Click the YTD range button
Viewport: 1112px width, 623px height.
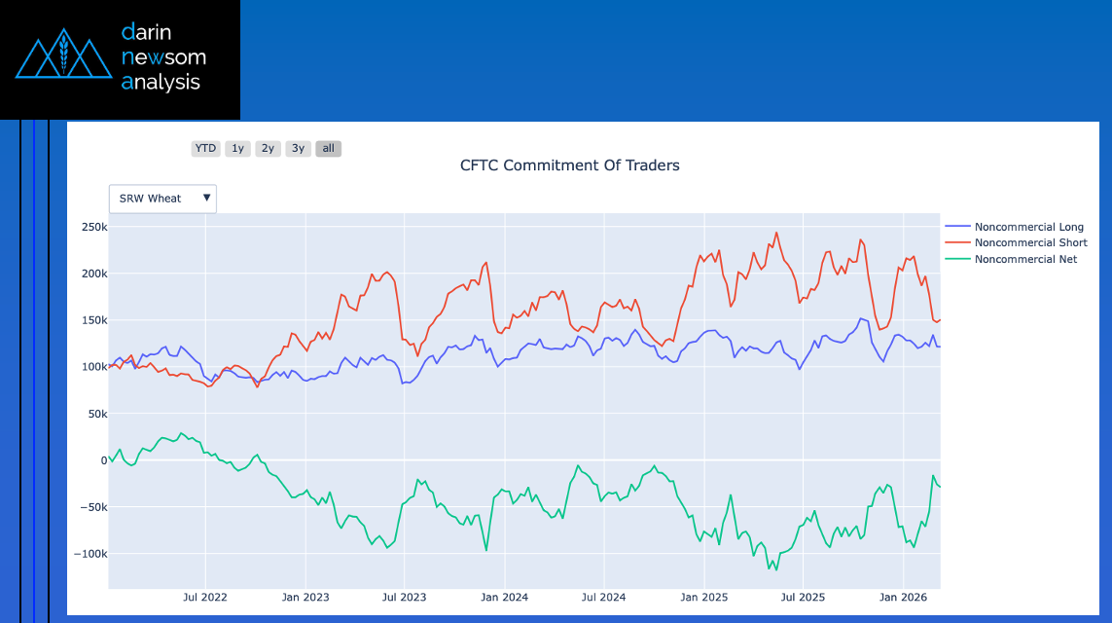(205, 149)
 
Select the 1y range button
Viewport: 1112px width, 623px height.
(237, 149)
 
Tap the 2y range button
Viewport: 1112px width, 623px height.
(268, 149)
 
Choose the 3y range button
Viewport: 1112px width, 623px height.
(298, 149)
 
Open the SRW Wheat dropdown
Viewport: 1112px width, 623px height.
(162, 199)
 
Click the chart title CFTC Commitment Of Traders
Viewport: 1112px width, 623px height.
(569, 165)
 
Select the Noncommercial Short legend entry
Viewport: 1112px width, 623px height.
(1030, 242)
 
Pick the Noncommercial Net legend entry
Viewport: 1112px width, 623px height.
(1025, 259)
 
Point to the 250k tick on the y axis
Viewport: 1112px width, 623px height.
(94, 227)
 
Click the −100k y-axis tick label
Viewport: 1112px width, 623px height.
(90, 554)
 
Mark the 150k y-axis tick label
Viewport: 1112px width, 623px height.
(94, 320)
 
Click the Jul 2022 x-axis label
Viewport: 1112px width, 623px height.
(205, 597)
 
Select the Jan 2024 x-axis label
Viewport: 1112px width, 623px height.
(505, 597)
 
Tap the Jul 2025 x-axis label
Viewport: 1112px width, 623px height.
(804, 597)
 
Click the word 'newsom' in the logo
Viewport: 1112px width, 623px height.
(163, 57)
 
